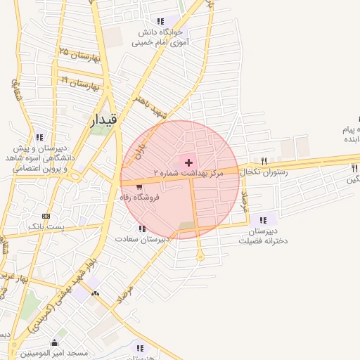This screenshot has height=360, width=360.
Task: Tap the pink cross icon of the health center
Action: point(188,162)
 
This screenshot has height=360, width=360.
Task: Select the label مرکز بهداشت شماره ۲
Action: point(188,173)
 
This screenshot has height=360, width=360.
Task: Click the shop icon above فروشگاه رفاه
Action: point(139,187)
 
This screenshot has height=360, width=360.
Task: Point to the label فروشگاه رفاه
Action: point(140,198)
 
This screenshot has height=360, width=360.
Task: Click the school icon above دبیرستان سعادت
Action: point(142,229)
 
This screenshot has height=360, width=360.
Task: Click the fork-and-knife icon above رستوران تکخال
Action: point(264,161)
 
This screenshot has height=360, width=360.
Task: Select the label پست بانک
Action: point(46,226)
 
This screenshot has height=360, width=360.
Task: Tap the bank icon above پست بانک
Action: point(46,216)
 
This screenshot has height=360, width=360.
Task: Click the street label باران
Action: point(141,148)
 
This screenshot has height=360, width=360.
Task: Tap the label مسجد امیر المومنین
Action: point(54,353)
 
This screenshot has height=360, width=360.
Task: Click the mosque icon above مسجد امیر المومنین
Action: point(54,343)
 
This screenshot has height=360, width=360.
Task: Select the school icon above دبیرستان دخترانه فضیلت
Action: point(263,220)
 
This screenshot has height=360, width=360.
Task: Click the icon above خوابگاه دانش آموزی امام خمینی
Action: point(160,21)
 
